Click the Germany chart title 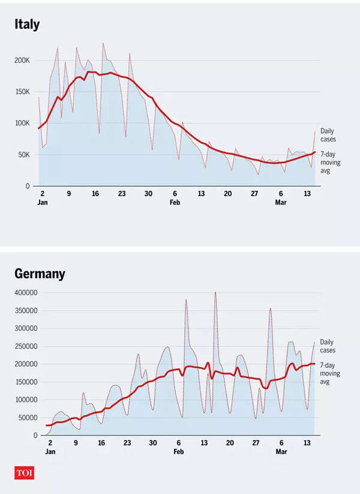click(40, 275)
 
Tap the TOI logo click(25, 472)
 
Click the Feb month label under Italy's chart click(175, 203)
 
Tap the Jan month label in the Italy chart click(43, 203)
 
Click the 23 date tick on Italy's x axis click(122, 194)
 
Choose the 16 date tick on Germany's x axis click(101, 443)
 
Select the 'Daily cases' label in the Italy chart click(328, 134)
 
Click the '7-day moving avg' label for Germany click(330, 373)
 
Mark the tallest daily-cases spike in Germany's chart click(215, 293)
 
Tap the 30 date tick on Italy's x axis click(148, 194)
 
